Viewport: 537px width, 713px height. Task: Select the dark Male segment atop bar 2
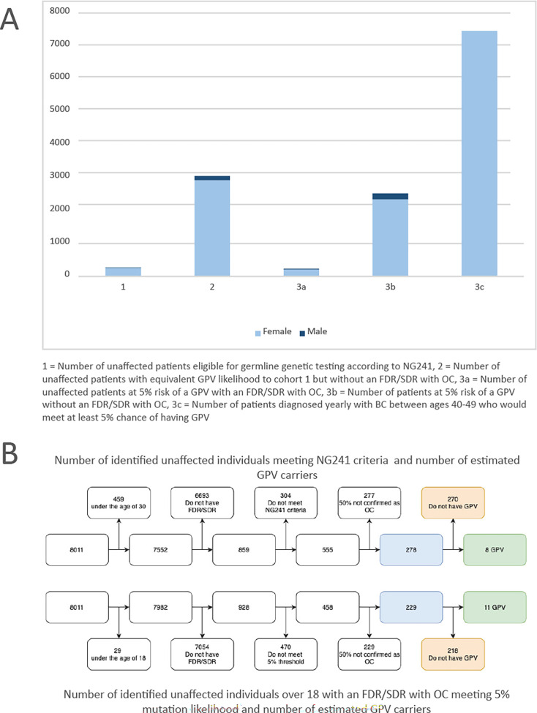(211, 178)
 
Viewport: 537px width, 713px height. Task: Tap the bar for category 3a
(301, 272)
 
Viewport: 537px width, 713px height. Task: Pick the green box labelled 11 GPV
(495, 606)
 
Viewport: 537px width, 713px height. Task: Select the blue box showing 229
(411, 606)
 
